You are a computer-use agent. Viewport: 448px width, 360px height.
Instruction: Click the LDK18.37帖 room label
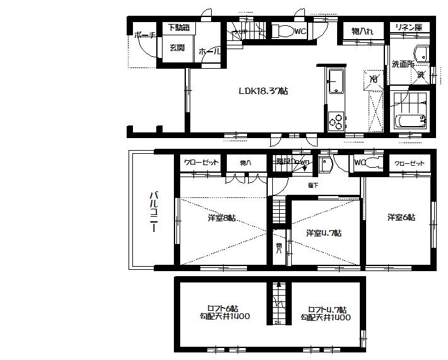[263, 91]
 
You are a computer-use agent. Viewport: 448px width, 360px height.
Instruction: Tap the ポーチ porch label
[144, 36]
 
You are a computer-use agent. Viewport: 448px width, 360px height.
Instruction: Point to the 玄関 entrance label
[177, 47]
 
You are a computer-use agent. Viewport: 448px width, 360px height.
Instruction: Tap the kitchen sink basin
[335, 80]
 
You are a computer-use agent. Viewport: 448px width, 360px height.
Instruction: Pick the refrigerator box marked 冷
[373, 79]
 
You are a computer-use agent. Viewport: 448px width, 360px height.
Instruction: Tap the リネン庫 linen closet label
[409, 27]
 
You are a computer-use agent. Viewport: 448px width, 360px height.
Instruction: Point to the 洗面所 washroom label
[401, 64]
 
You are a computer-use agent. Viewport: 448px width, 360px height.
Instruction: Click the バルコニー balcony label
[152, 212]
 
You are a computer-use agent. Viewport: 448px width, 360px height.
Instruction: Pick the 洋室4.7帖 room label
[324, 233]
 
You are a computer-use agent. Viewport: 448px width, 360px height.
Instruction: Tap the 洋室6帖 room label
[401, 218]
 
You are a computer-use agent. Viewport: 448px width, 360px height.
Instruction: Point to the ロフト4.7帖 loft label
[325, 313]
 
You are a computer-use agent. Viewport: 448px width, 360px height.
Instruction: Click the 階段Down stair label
[293, 161]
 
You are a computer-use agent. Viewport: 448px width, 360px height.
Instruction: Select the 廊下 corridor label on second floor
[313, 185]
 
